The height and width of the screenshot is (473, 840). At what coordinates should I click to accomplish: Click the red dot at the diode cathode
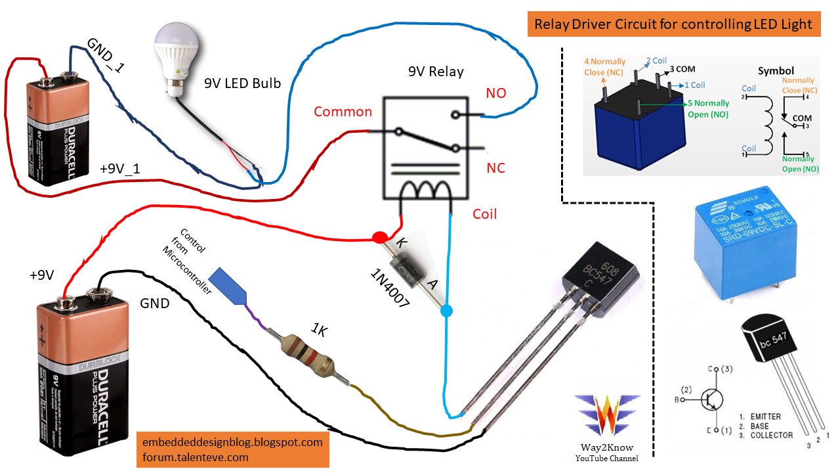pyautogui.click(x=379, y=237)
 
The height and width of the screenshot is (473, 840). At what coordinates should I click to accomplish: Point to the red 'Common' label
pyautogui.click(x=343, y=112)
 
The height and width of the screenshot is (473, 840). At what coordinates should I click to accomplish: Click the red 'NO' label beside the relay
pyautogui.click(x=496, y=93)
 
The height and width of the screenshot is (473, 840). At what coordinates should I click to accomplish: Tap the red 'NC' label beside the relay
pyautogui.click(x=495, y=168)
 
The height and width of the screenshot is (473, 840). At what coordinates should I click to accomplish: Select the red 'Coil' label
pyautogui.click(x=485, y=214)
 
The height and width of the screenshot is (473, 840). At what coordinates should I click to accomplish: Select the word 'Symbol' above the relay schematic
pyautogui.click(x=776, y=70)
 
